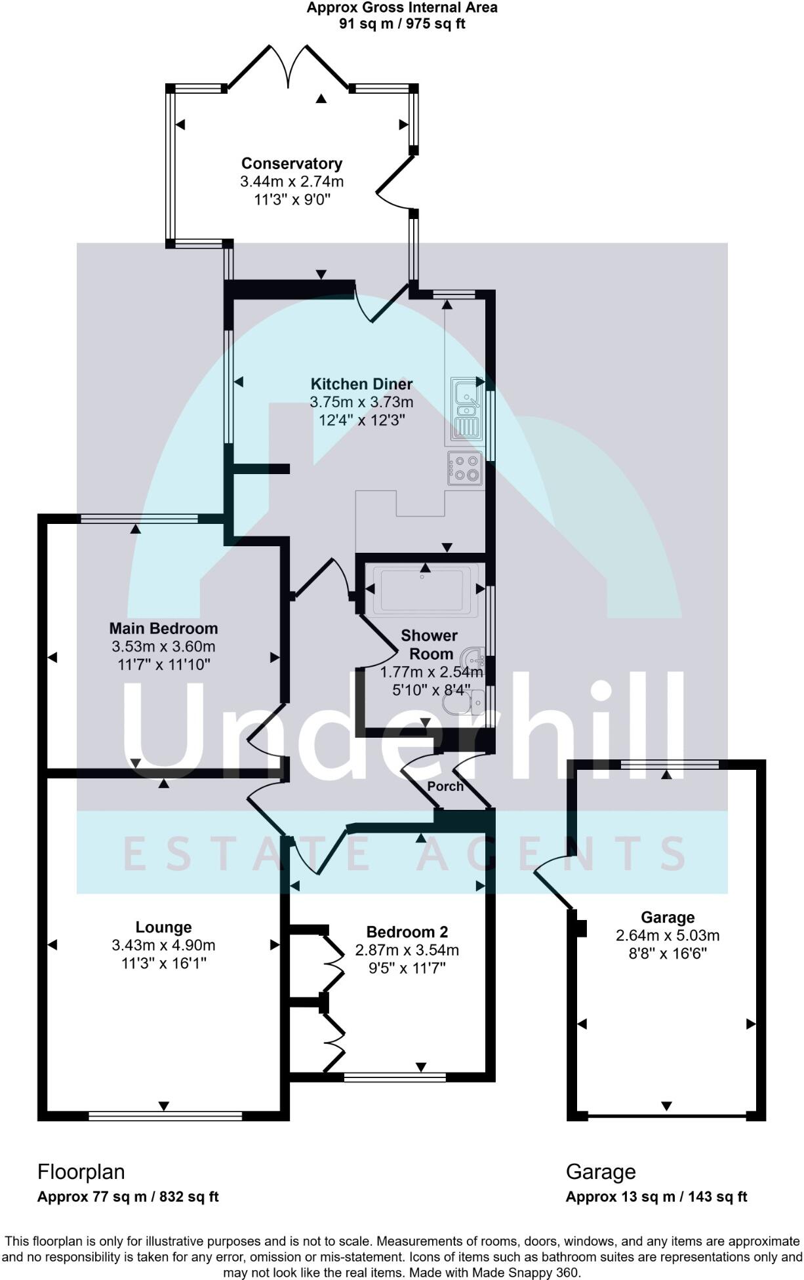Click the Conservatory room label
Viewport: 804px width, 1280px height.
(292, 163)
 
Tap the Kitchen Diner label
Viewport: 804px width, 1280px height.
(361, 384)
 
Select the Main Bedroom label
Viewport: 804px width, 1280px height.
(163, 629)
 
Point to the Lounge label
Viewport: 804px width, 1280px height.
(163, 927)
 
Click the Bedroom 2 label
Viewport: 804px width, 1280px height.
(407, 932)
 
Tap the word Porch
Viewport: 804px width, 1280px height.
(445, 786)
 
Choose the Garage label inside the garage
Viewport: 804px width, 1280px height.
(668, 917)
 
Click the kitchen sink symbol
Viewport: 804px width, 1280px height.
(466, 408)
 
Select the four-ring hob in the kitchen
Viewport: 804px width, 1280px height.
(465, 468)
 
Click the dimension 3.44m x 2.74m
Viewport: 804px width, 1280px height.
(292, 182)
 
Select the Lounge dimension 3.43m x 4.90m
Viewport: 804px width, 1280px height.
(163, 946)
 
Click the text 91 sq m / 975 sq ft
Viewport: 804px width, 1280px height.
(402, 24)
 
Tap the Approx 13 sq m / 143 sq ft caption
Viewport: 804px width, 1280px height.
(656, 1197)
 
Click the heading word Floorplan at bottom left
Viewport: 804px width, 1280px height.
(81, 1171)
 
